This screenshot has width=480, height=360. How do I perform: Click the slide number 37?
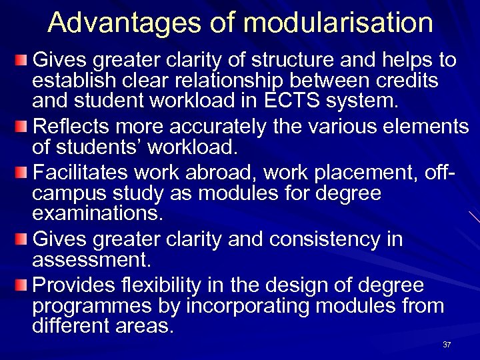447,345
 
